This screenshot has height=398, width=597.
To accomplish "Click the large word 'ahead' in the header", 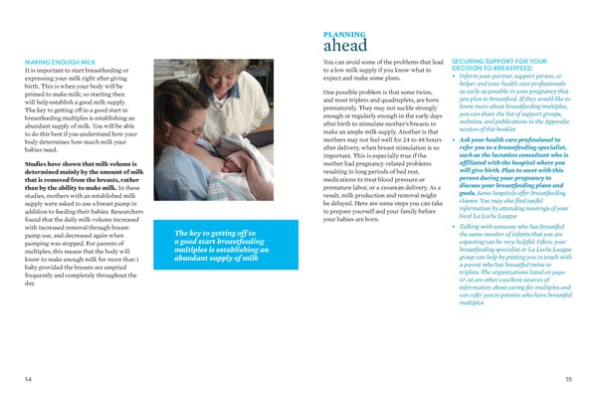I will pyautogui.click(x=345, y=46).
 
